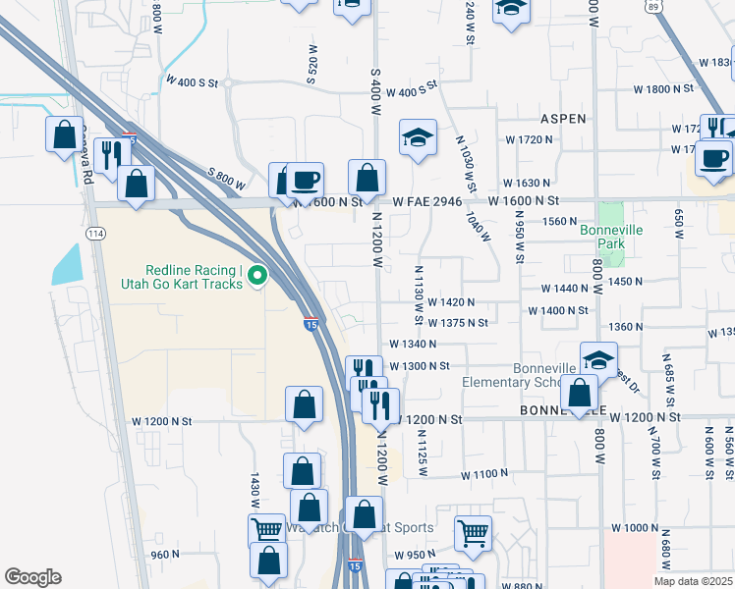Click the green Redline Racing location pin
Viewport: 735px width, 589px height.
[x=258, y=277]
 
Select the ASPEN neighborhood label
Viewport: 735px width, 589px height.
[x=563, y=118]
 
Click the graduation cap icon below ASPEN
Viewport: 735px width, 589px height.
[x=418, y=137]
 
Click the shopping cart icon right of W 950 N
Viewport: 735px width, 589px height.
[x=474, y=533]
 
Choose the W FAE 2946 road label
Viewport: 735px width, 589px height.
[x=426, y=200]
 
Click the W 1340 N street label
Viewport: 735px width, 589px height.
[x=413, y=344]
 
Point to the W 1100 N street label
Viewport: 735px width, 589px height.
[x=485, y=474]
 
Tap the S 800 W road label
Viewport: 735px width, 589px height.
[x=226, y=179]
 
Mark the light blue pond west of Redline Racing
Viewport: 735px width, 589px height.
[x=66, y=264]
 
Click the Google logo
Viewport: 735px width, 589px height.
[x=32, y=577]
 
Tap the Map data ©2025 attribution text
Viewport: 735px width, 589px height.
[x=692, y=581]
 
